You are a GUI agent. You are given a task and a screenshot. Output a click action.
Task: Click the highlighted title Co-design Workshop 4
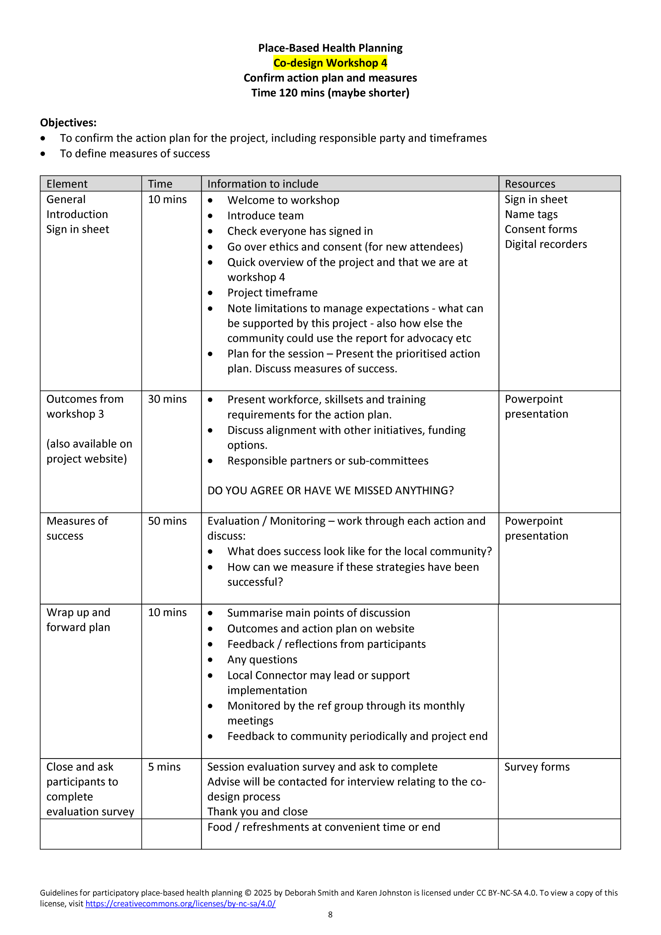pyautogui.click(x=330, y=63)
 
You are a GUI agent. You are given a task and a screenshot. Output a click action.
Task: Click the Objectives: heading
pyautogui.click(x=68, y=123)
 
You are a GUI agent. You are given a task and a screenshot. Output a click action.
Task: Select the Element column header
pyautogui.click(x=67, y=184)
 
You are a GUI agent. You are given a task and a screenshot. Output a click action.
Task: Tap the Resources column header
pyautogui.click(x=530, y=184)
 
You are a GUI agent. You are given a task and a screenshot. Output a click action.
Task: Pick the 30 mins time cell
pyautogui.click(x=167, y=399)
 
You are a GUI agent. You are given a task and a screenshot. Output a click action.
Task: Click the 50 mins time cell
pyautogui.click(x=167, y=521)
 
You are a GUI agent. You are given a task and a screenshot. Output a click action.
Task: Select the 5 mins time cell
pyautogui.click(x=164, y=767)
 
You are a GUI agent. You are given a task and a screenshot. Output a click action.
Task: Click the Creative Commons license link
pyautogui.click(x=180, y=904)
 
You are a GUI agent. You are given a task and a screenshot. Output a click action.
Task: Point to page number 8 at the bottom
pyautogui.click(x=330, y=915)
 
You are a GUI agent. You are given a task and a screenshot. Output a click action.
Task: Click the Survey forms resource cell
pyautogui.click(x=537, y=767)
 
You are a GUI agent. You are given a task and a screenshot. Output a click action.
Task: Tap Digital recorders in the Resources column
pyautogui.click(x=546, y=244)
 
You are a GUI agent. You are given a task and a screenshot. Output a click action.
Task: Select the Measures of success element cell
pyautogui.click(x=77, y=528)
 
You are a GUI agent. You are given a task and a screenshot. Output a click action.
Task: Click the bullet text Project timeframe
pyautogui.click(x=272, y=293)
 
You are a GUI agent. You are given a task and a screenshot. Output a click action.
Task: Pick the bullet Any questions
pyautogui.click(x=262, y=660)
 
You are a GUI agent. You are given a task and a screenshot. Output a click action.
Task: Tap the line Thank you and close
pyautogui.click(x=257, y=812)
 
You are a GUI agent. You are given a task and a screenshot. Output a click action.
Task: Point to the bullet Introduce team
pyautogui.click(x=265, y=216)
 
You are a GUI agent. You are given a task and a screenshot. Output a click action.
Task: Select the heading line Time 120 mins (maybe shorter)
pyautogui.click(x=330, y=93)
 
